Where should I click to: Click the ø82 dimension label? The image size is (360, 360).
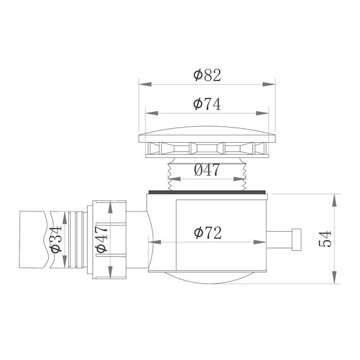coord(207,75)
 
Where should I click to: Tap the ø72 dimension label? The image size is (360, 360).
coord(208,232)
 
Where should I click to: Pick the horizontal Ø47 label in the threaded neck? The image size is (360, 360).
coord(207,170)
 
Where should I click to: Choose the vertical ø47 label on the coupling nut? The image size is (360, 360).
coord(102,239)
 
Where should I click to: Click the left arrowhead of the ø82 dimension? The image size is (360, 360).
coord(142,83)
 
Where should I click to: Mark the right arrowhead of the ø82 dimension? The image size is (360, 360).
coord(272,83)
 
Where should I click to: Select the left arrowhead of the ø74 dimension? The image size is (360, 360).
coord(150,113)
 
